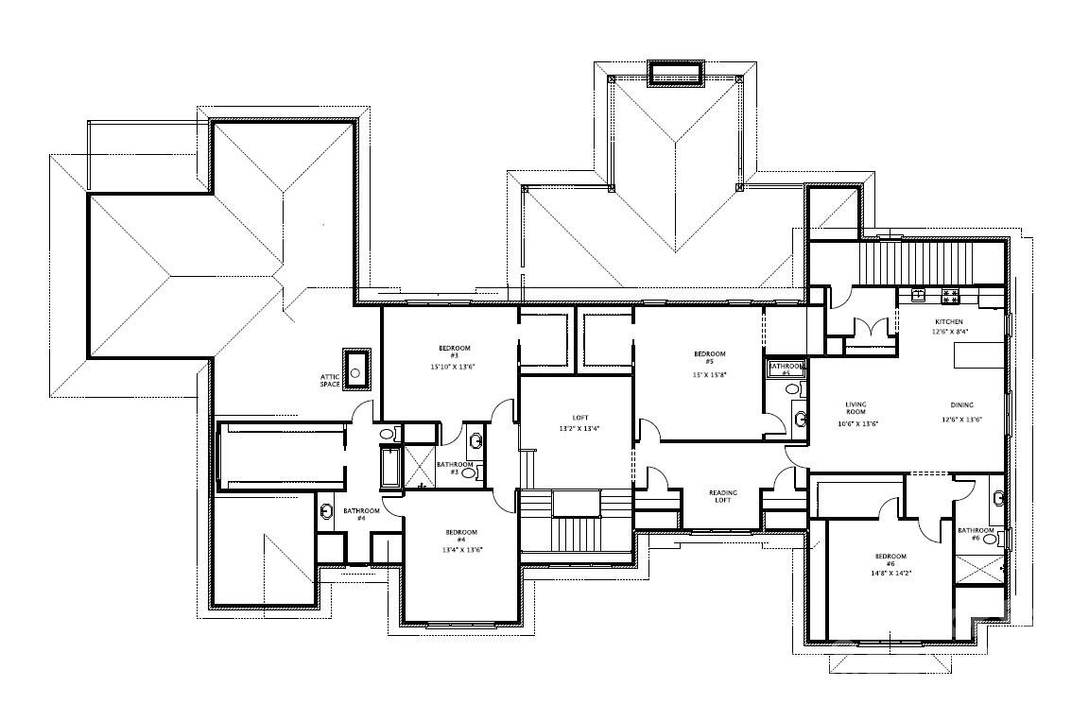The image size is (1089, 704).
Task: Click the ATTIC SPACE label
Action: tap(330, 380)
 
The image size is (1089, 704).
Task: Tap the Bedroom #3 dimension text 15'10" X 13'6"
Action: tap(450, 366)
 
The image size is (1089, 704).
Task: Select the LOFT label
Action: tap(579, 418)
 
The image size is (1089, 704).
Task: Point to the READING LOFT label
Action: tap(723, 497)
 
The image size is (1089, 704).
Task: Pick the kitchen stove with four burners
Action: tap(949, 295)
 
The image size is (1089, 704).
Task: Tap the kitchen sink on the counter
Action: tap(917, 295)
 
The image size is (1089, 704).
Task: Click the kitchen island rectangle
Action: tap(977, 355)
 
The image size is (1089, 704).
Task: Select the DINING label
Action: tap(962, 405)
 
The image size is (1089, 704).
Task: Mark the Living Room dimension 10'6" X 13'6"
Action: tap(859, 423)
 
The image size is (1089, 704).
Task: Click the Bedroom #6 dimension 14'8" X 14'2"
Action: tap(890, 573)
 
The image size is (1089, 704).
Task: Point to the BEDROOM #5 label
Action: tap(709, 357)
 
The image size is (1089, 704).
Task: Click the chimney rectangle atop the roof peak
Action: tap(675, 74)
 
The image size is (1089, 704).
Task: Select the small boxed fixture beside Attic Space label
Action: tap(356, 370)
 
